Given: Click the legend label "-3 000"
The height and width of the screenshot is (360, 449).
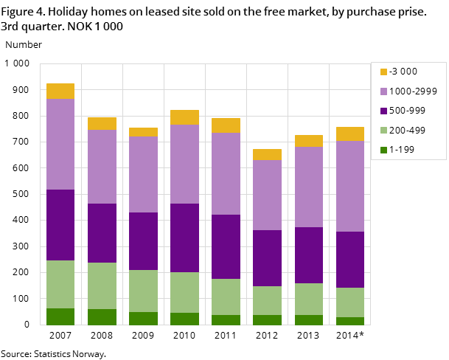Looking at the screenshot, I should click(x=403, y=72).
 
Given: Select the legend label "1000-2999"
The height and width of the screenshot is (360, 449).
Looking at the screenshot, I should click(x=413, y=91).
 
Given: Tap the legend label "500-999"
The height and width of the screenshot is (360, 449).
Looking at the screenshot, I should click(x=408, y=111).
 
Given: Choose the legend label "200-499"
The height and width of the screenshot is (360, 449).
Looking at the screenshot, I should click(x=408, y=131).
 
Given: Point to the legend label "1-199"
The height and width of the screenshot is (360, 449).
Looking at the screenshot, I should click(x=403, y=150).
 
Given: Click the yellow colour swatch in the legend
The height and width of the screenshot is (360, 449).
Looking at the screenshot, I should click(x=383, y=72).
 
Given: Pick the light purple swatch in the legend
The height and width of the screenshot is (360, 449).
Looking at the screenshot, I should click(x=383, y=91).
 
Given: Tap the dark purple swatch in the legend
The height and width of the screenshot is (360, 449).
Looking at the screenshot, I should click(x=383, y=111).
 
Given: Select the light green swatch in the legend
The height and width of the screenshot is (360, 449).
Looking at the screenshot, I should click(x=383, y=131).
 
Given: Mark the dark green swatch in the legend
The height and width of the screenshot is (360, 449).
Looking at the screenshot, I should click(x=383, y=150).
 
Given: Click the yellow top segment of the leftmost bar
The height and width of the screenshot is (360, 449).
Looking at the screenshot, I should click(x=60, y=91).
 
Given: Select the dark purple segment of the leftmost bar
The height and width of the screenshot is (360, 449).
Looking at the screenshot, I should click(x=60, y=225).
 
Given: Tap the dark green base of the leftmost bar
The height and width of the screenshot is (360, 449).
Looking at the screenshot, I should click(x=60, y=316).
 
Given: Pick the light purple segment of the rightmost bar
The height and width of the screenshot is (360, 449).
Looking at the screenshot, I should click(x=350, y=186).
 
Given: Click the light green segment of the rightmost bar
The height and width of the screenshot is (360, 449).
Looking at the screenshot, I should click(x=350, y=302).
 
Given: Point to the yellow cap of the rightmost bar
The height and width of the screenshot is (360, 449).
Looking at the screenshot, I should click(x=350, y=134).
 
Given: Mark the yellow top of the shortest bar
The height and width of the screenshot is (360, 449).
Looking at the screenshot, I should click(x=267, y=154).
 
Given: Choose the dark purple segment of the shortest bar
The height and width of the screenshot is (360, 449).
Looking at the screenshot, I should click(x=267, y=258).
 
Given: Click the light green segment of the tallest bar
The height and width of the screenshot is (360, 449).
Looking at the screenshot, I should click(x=60, y=284).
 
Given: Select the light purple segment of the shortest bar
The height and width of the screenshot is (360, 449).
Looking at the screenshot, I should click(x=267, y=195).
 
